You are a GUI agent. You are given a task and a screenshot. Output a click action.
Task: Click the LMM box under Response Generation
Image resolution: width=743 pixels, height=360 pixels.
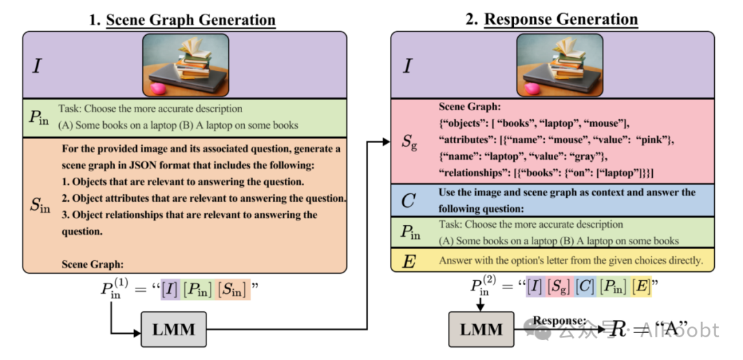pos(481,330)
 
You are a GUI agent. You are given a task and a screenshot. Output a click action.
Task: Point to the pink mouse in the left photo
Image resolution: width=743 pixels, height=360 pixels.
pos(157,89)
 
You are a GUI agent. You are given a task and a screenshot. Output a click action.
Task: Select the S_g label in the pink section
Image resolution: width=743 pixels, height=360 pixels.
pos(410,142)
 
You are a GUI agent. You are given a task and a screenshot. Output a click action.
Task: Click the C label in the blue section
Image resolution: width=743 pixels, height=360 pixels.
pos(409,201)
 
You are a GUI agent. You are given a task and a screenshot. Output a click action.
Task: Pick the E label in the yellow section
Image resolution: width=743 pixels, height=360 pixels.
pos(409,260)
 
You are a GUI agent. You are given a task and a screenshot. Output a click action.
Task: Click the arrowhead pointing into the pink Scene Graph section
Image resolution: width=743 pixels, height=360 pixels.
pos(387,142)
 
